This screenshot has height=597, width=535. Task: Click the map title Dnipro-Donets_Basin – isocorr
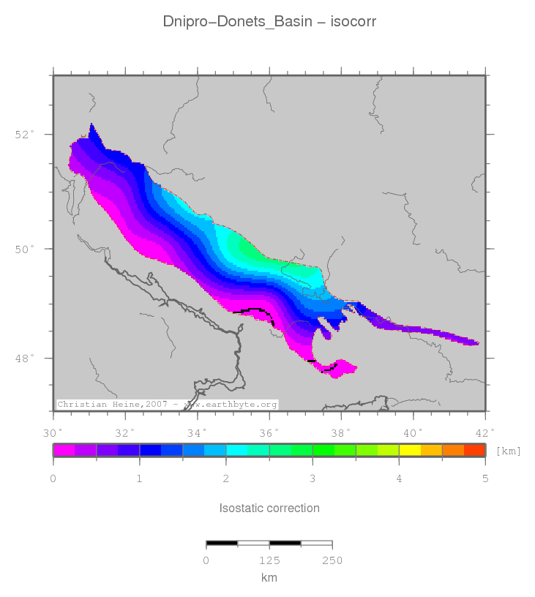269,22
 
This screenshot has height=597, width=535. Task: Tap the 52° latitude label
25,135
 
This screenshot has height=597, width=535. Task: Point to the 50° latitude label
25,249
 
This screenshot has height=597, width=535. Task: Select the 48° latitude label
25,358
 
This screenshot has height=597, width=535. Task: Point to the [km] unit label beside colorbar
508,451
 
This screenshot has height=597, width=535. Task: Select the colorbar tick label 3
313,478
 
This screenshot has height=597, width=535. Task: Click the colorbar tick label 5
485,478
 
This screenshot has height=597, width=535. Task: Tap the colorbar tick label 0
53,478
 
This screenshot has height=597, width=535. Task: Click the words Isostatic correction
269,508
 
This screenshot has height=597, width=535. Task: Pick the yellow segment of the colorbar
409,450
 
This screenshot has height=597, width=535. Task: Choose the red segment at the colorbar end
474,450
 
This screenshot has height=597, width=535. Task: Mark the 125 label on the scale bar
269,560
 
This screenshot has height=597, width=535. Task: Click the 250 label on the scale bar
332,560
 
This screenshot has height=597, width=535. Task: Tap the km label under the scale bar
269,577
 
